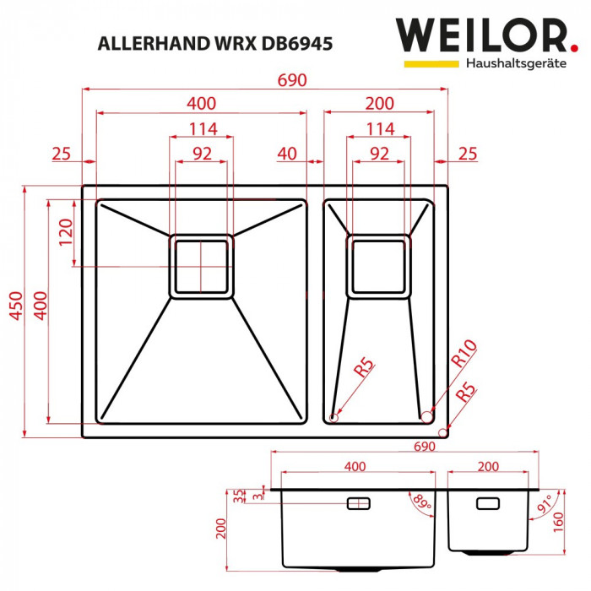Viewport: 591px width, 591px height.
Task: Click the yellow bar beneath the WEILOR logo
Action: (x=431, y=63)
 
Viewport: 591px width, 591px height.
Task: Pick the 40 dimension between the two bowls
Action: (x=286, y=153)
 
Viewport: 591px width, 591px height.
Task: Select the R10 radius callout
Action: (x=464, y=352)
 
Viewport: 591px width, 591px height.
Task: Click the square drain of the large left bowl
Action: (x=201, y=265)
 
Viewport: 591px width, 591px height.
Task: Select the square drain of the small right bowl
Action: (x=379, y=266)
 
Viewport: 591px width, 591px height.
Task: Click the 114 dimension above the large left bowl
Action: (x=201, y=128)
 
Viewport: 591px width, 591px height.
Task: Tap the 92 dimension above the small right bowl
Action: (x=379, y=153)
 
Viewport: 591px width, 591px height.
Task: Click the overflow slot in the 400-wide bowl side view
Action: (x=358, y=503)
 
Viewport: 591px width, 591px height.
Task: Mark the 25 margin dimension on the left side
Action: (x=61, y=153)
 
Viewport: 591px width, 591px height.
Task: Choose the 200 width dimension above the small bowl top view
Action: (x=379, y=104)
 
